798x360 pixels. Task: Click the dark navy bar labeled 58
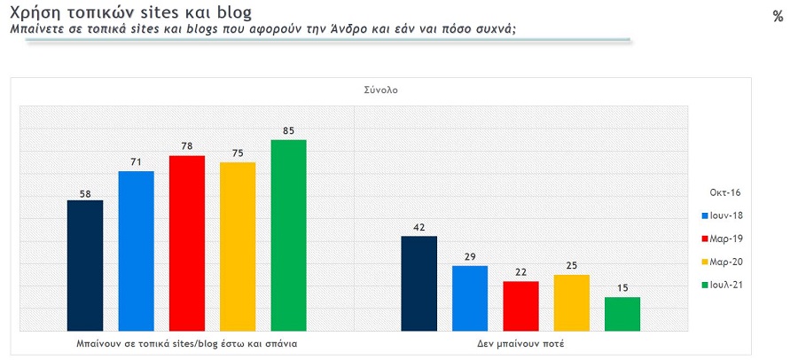85,265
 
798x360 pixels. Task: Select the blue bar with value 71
136,251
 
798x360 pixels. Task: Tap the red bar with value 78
187,243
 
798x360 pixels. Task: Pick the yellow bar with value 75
238,247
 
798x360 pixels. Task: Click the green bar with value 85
288,235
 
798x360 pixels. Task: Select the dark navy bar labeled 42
419,284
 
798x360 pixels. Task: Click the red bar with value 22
520,306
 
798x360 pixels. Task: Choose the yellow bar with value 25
572,302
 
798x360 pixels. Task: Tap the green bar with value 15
622,314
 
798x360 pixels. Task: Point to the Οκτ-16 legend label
724,192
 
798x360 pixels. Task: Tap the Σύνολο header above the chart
380,90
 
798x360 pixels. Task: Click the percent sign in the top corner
778,16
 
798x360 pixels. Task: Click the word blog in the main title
232,12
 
